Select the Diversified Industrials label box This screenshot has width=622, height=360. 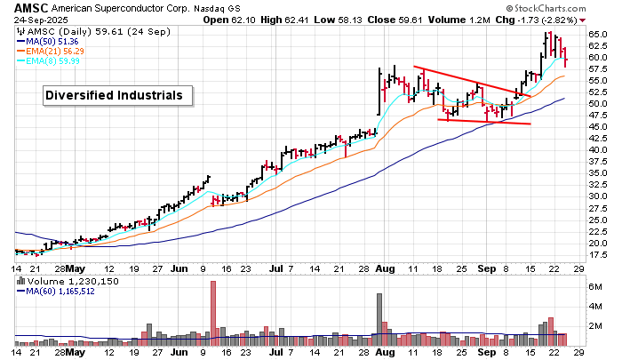[114, 95]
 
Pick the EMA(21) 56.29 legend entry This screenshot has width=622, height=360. [58, 51]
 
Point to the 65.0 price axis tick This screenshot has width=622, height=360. [596, 35]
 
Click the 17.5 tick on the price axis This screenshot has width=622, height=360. [596, 255]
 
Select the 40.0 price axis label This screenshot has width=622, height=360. [596, 150]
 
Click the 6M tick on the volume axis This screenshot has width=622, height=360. [595, 286]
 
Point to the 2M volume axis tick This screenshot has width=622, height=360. [595, 326]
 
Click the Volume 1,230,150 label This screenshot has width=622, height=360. [67, 281]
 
